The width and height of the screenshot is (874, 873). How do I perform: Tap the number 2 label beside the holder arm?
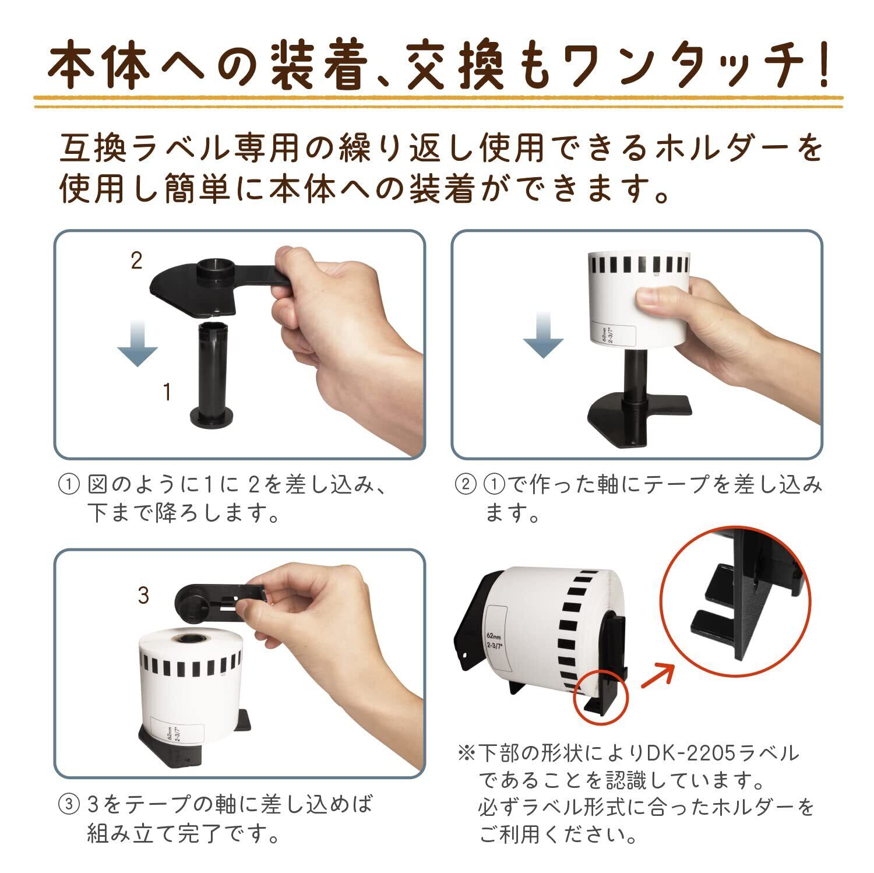[x=136, y=261]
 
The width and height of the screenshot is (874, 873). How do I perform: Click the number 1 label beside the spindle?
[x=167, y=392]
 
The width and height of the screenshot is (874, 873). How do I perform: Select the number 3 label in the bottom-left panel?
[x=143, y=595]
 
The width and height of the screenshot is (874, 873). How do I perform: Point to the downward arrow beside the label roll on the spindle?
[x=543, y=335]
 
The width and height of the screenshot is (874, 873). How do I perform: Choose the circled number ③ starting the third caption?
[x=68, y=805]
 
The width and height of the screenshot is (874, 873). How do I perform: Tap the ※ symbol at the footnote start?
[x=467, y=754]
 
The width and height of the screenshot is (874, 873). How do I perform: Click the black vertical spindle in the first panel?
[x=211, y=373]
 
